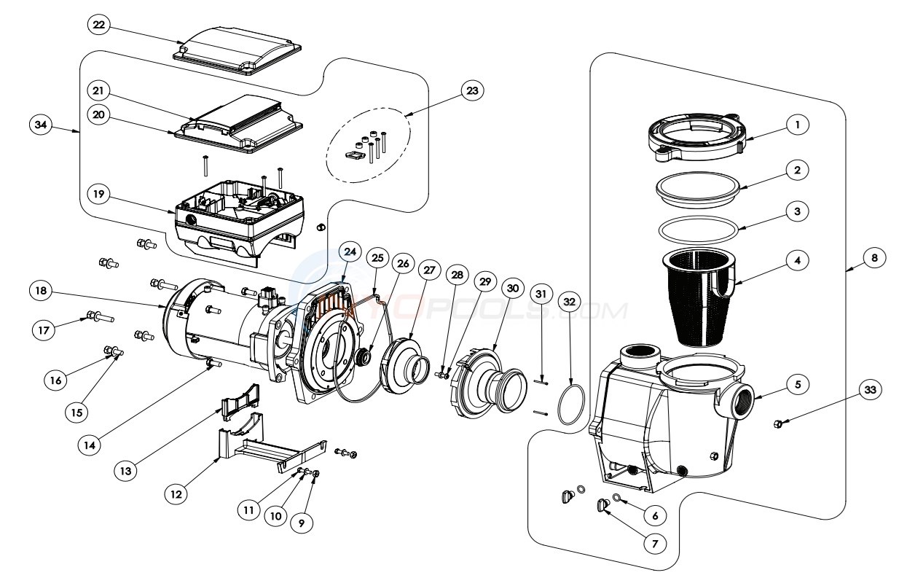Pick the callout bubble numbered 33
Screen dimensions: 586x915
(868, 390)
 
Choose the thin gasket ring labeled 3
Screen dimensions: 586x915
(697, 227)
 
